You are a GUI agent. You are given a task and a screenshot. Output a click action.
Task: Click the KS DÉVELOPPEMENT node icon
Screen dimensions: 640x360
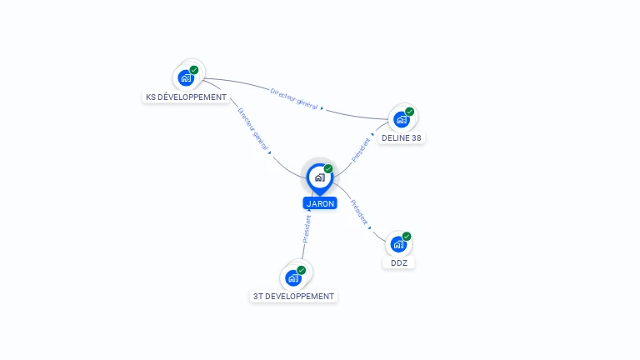coord(186,77)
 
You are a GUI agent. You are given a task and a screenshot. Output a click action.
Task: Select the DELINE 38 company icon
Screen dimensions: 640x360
coord(401,119)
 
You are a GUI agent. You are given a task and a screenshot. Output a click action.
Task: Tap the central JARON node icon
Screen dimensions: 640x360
coord(320,177)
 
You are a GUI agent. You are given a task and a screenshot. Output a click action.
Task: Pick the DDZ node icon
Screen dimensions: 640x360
coord(398,244)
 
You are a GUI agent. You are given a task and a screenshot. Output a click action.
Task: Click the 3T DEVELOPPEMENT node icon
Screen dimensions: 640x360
coord(292,277)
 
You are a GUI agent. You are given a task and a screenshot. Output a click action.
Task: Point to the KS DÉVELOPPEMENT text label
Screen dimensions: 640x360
coord(186,97)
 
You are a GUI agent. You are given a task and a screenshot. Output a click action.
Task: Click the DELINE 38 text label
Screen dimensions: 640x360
coord(402,138)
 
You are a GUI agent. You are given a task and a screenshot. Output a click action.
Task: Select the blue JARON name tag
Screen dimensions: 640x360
coord(320,203)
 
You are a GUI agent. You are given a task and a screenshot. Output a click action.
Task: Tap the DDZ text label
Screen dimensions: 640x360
coord(399,263)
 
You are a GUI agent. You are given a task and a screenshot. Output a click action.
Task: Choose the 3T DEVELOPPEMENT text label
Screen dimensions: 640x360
coord(293,297)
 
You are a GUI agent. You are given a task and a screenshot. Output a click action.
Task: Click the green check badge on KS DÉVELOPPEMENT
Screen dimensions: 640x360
coord(194,70)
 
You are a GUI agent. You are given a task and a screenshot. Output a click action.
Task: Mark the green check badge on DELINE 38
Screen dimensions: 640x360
coord(409,112)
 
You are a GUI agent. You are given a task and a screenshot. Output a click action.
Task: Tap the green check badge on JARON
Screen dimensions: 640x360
coord(328,169)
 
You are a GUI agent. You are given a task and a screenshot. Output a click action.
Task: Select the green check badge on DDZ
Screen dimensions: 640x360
coord(407,237)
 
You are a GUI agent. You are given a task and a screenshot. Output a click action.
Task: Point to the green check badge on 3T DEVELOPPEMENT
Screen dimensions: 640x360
coord(301,270)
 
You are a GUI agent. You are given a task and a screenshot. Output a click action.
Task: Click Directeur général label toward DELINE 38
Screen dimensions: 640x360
coord(294,99)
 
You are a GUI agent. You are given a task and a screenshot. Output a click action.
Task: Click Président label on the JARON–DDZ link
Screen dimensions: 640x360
coord(359,213)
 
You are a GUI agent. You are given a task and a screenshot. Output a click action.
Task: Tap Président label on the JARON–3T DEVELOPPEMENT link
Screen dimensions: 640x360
coord(307,229)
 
